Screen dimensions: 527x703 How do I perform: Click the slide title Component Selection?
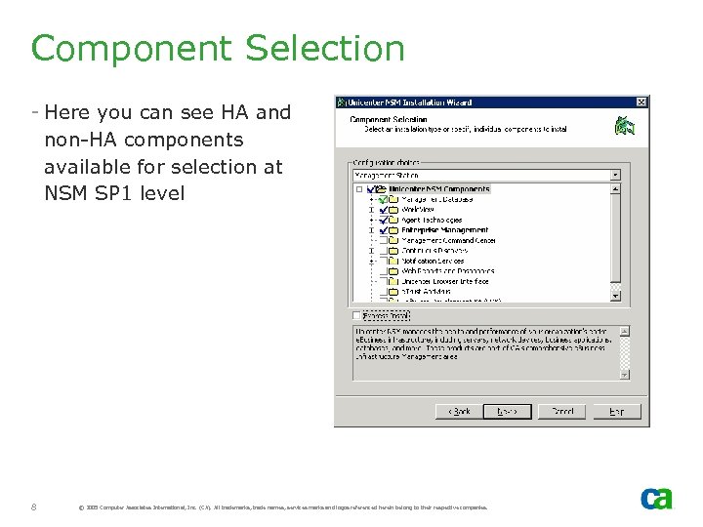[217, 49]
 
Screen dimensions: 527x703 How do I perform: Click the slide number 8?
[34, 507]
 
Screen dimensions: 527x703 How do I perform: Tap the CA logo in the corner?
[656, 499]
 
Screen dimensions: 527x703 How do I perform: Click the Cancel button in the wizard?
[562, 411]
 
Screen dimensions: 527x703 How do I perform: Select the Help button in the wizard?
[616, 411]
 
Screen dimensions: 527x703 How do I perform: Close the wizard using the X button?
[641, 101]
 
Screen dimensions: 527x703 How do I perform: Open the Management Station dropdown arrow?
[614, 176]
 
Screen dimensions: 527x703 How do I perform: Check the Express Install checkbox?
[356, 315]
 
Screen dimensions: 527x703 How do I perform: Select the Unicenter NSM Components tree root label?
[438, 189]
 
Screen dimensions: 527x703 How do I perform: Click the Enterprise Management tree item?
[444, 230]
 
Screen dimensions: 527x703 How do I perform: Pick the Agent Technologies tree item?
[432, 220]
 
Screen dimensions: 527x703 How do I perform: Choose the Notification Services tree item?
[434, 261]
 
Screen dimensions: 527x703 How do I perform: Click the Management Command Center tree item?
[448, 240]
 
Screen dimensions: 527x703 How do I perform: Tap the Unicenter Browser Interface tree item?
[445, 281]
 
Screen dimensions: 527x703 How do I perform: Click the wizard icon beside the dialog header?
[624, 126]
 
